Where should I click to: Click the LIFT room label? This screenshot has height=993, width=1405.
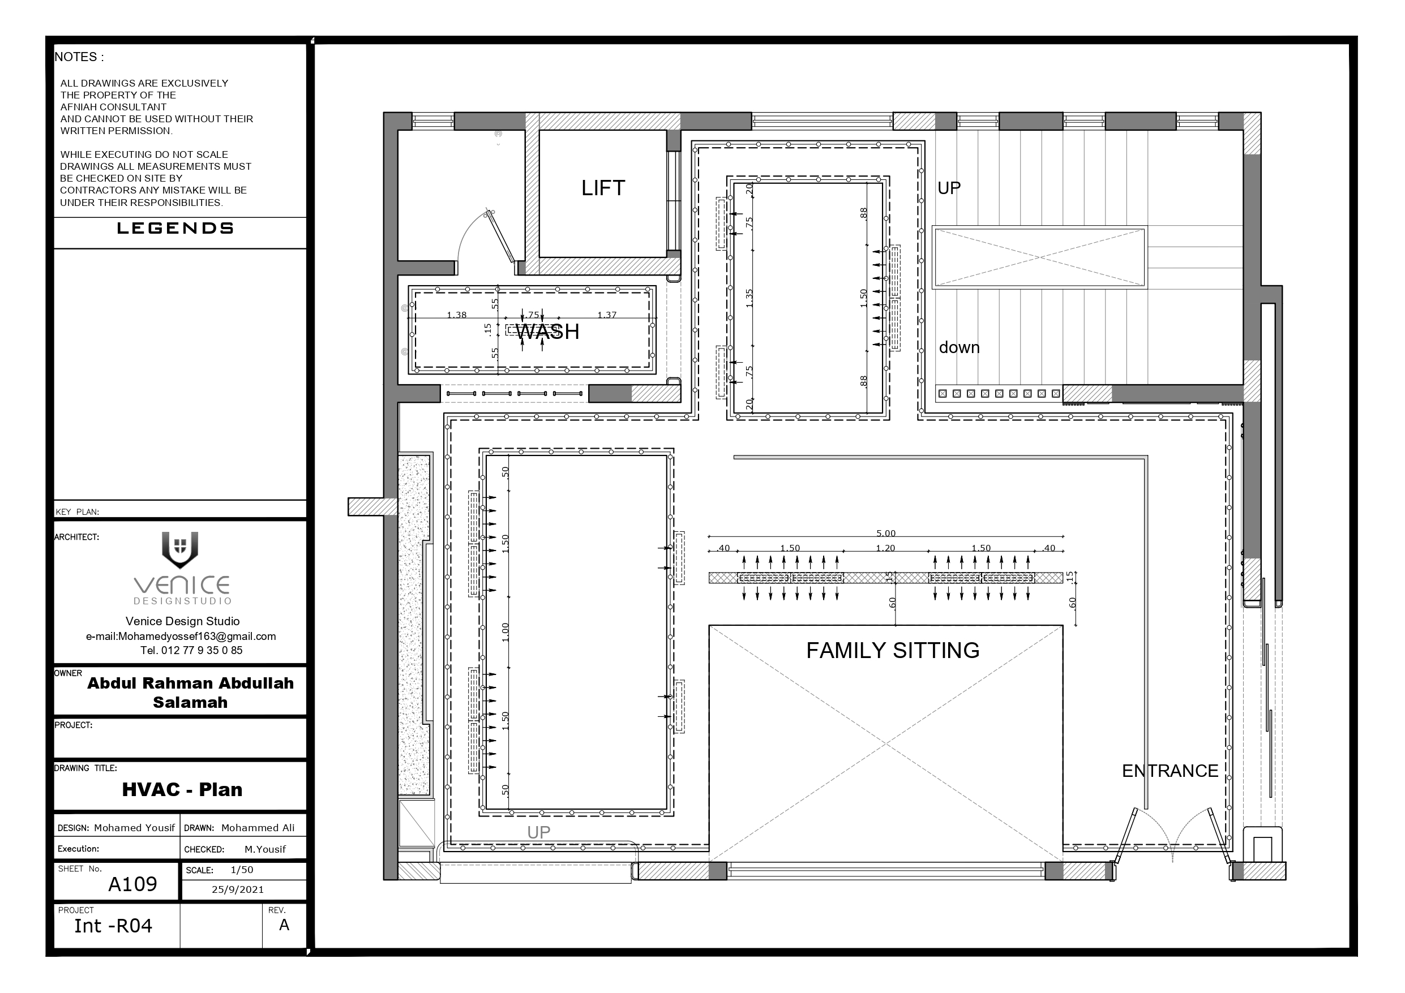pos(603,188)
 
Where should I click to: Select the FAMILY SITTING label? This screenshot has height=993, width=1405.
pos(893,650)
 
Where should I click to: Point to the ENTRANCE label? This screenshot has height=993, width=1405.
pos(1170,771)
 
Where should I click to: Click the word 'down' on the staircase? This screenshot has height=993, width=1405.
pos(959,347)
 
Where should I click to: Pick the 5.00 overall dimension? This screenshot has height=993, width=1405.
pos(885,534)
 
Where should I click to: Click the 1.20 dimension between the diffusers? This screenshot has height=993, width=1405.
pos(885,548)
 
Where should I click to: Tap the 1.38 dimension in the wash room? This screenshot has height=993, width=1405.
pos(456,315)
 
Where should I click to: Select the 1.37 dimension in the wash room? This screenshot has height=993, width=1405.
pos(607,315)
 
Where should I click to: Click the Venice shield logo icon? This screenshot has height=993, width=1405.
pos(180,549)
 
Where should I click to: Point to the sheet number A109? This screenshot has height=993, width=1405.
pos(133,884)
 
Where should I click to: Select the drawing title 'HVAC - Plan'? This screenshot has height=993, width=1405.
pos(182,789)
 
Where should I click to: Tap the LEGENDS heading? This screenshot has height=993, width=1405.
pos(175,228)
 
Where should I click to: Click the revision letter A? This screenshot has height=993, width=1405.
pos(284,925)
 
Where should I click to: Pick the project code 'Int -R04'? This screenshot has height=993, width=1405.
pos(113,926)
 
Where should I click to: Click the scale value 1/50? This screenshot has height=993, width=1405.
pos(242,870)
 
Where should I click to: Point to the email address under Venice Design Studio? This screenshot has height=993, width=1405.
pos(181,637)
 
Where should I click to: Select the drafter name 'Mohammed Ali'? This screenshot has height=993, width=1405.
pos(258,828)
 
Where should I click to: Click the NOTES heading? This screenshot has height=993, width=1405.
pos(79,57)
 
